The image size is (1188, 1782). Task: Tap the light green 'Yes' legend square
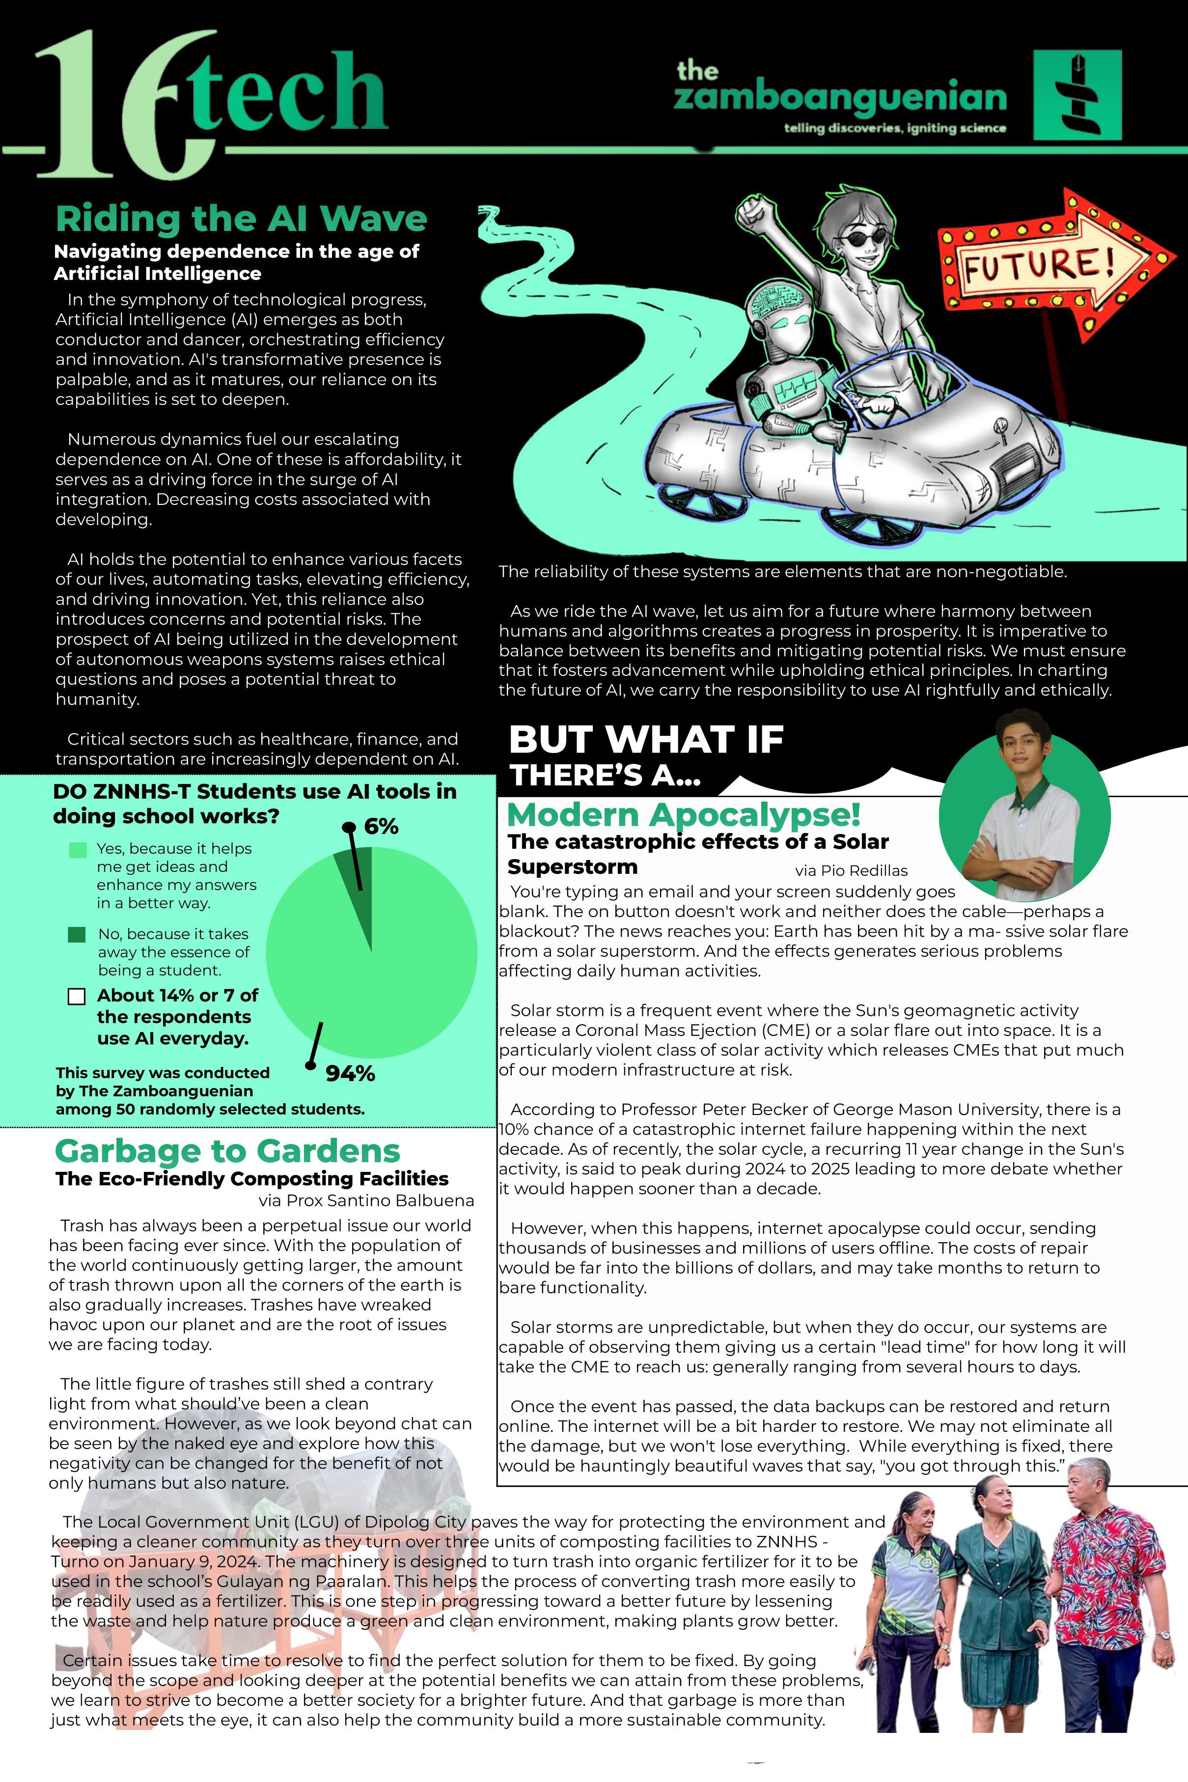tap(77, 850)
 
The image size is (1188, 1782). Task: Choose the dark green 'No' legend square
tap(77, 935)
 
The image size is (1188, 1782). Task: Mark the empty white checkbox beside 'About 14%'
tap(77, 996)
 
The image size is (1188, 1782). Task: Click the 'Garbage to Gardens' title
tap(227, 1151)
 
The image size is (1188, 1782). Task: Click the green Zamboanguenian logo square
tap(1077, 95)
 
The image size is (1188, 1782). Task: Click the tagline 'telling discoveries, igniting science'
tap(895, 128)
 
